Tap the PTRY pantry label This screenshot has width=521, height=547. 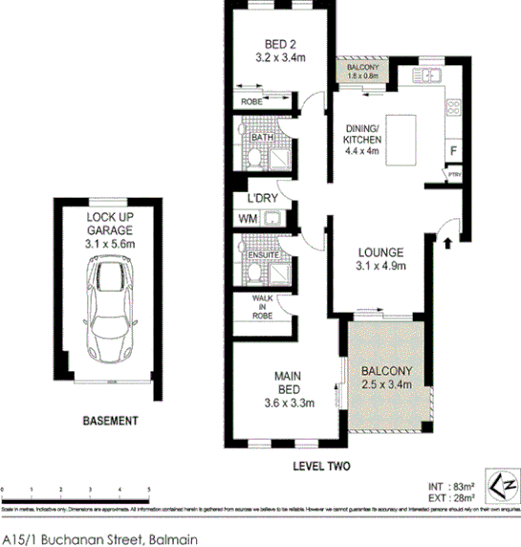454,174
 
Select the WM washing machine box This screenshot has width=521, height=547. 247,218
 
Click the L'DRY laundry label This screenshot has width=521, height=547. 261,199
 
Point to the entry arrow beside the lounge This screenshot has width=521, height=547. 446,243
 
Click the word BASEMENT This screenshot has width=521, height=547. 111,420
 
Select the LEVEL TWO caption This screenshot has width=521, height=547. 322,466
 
